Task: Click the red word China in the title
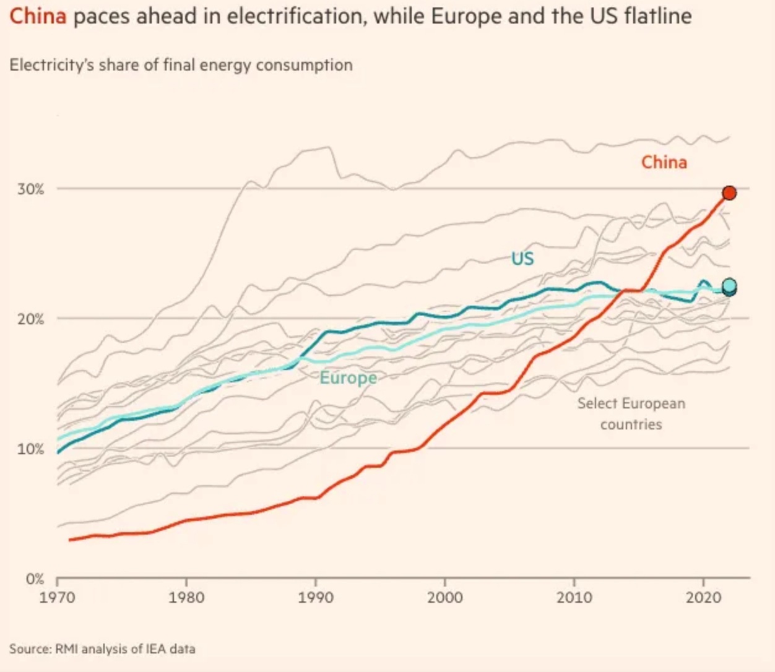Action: [38, 15]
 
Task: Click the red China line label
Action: [664, 162]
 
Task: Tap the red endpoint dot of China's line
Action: [729, 193]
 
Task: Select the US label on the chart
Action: [522, 258]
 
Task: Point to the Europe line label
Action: [348, 377]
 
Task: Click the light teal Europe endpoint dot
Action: [729, 285]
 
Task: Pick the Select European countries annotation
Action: [631, 413]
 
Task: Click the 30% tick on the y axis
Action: [30, 189]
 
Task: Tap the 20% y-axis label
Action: [30, 319]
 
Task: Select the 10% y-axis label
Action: [30, 449]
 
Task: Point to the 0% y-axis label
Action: [35, 579]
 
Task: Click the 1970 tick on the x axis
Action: [57, 597]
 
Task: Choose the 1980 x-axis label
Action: [186, 597]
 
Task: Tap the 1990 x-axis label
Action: [316, 597]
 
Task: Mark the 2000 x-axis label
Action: [445, 597]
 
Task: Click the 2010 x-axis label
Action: [574, 597]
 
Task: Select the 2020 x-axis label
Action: [704, 597]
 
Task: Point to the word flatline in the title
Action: [657, 15]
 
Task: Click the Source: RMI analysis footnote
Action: [102, 649]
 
